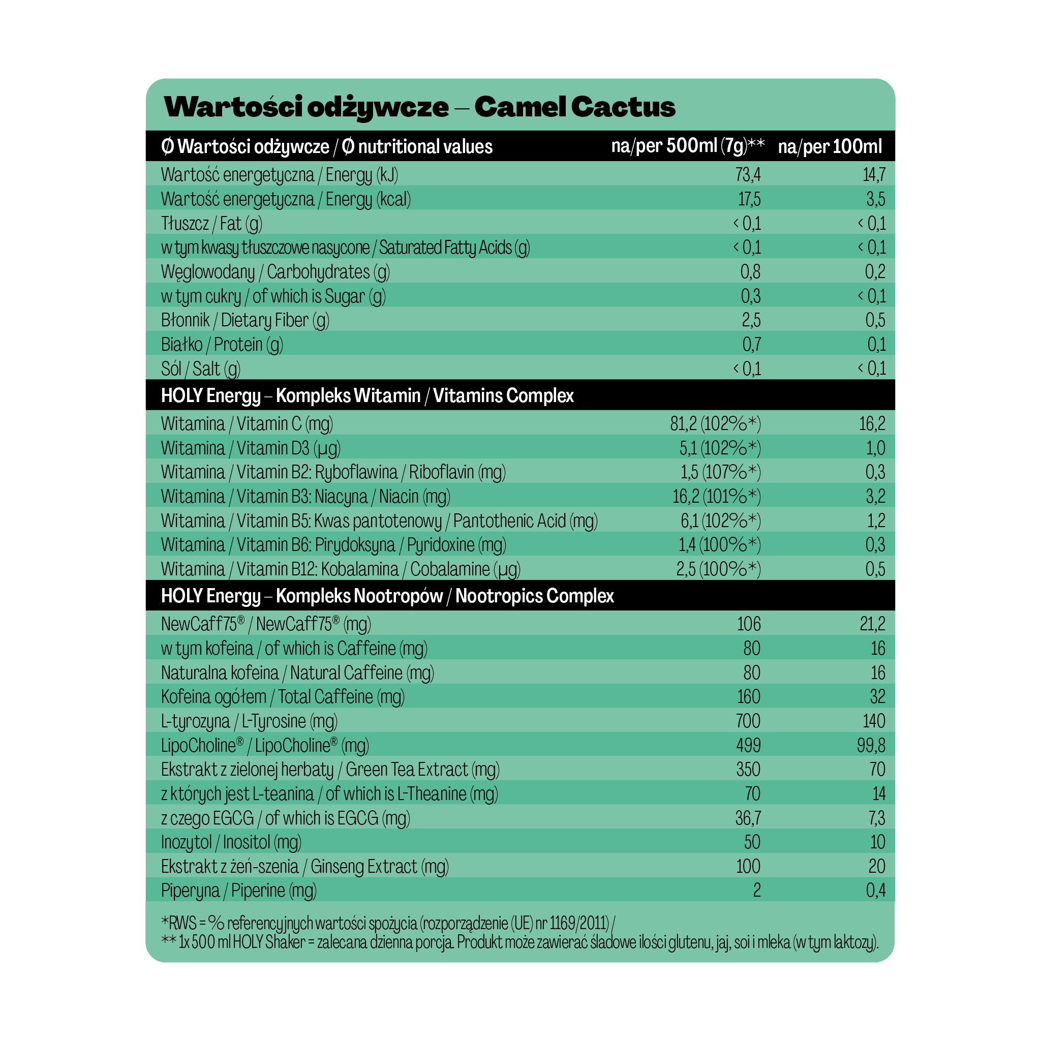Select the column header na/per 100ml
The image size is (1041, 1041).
(830, 146)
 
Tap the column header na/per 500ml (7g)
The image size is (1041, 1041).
(687, 146)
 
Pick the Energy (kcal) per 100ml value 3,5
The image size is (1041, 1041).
(876, 199)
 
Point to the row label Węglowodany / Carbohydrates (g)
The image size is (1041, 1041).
(275, 272)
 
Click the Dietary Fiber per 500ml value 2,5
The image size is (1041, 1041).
(751, 321)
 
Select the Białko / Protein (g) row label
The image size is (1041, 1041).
(222, 345)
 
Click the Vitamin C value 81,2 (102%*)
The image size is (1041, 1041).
(715, 424)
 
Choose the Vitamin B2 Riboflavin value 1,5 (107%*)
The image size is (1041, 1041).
(720, 473)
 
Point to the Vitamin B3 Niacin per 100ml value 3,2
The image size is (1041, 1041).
(876, 496)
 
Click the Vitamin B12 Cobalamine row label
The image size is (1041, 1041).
(340, 569)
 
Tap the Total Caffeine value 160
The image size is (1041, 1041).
(748, 697)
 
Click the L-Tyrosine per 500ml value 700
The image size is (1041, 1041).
(748, 721)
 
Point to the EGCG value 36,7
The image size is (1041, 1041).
(748, 818)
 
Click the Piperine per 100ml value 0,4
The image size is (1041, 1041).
(876, 891)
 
